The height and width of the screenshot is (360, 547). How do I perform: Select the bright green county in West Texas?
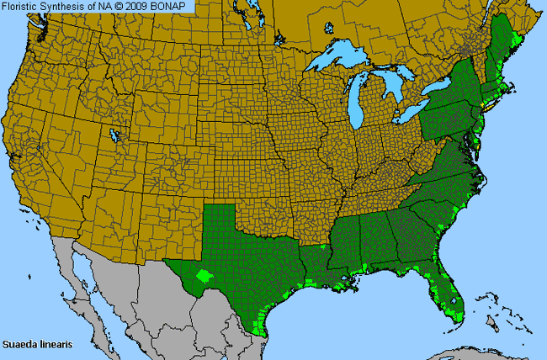click(x=203, y=274)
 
